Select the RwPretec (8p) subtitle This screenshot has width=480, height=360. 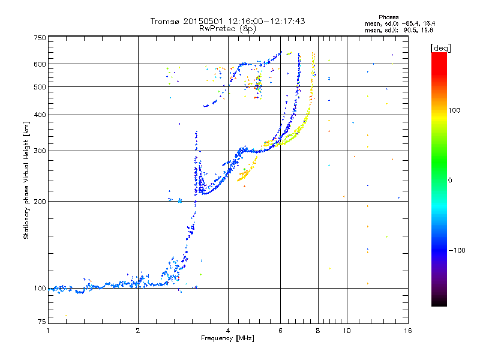(227, 28)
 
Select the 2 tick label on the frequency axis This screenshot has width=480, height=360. (138, 330)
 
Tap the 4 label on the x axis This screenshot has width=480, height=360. (228, 330)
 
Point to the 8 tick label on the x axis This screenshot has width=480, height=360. (318, 330)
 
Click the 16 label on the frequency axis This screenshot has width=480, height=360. (407, 330)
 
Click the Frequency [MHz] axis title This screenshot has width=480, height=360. (227, 338)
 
